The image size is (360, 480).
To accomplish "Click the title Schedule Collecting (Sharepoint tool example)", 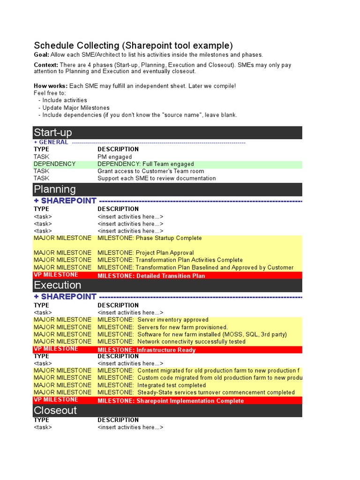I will pyautogui.click(x=133, y=45).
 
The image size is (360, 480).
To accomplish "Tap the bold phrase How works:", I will pyautogui.click(x=51, y=86).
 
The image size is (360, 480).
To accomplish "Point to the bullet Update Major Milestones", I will pyautogui.click(x=76, y=107).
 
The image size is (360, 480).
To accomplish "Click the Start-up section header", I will pyautogui.click(x=52, y=133).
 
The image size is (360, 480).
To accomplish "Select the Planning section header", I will pyautogui.click(x=54, y=189).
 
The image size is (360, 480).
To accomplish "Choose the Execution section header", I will pyautogui.click(x=57, y=285).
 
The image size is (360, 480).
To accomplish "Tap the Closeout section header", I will pyautogui.click(x=55, y=410).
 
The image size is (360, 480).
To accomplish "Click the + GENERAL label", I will pyautogui.click(x=51, y=142).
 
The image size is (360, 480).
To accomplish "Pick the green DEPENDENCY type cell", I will pyautogui.click(x=54, y=164).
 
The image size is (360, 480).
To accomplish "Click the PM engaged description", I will pyautogui.click(x=114, y=157).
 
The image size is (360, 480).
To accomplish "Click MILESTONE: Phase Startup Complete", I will pyautogui.click(x=150, y=238).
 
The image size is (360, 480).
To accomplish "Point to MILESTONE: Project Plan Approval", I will pyautogui.click(x=145, y=253).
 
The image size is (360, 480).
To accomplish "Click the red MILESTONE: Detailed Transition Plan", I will pyautogui.click(x=151, y=276).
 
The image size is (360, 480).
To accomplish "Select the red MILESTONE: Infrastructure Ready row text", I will pyautogui.click(x=146, y=350).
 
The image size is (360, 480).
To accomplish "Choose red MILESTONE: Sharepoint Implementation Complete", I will pyautogui.click(x=171, y=401).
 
